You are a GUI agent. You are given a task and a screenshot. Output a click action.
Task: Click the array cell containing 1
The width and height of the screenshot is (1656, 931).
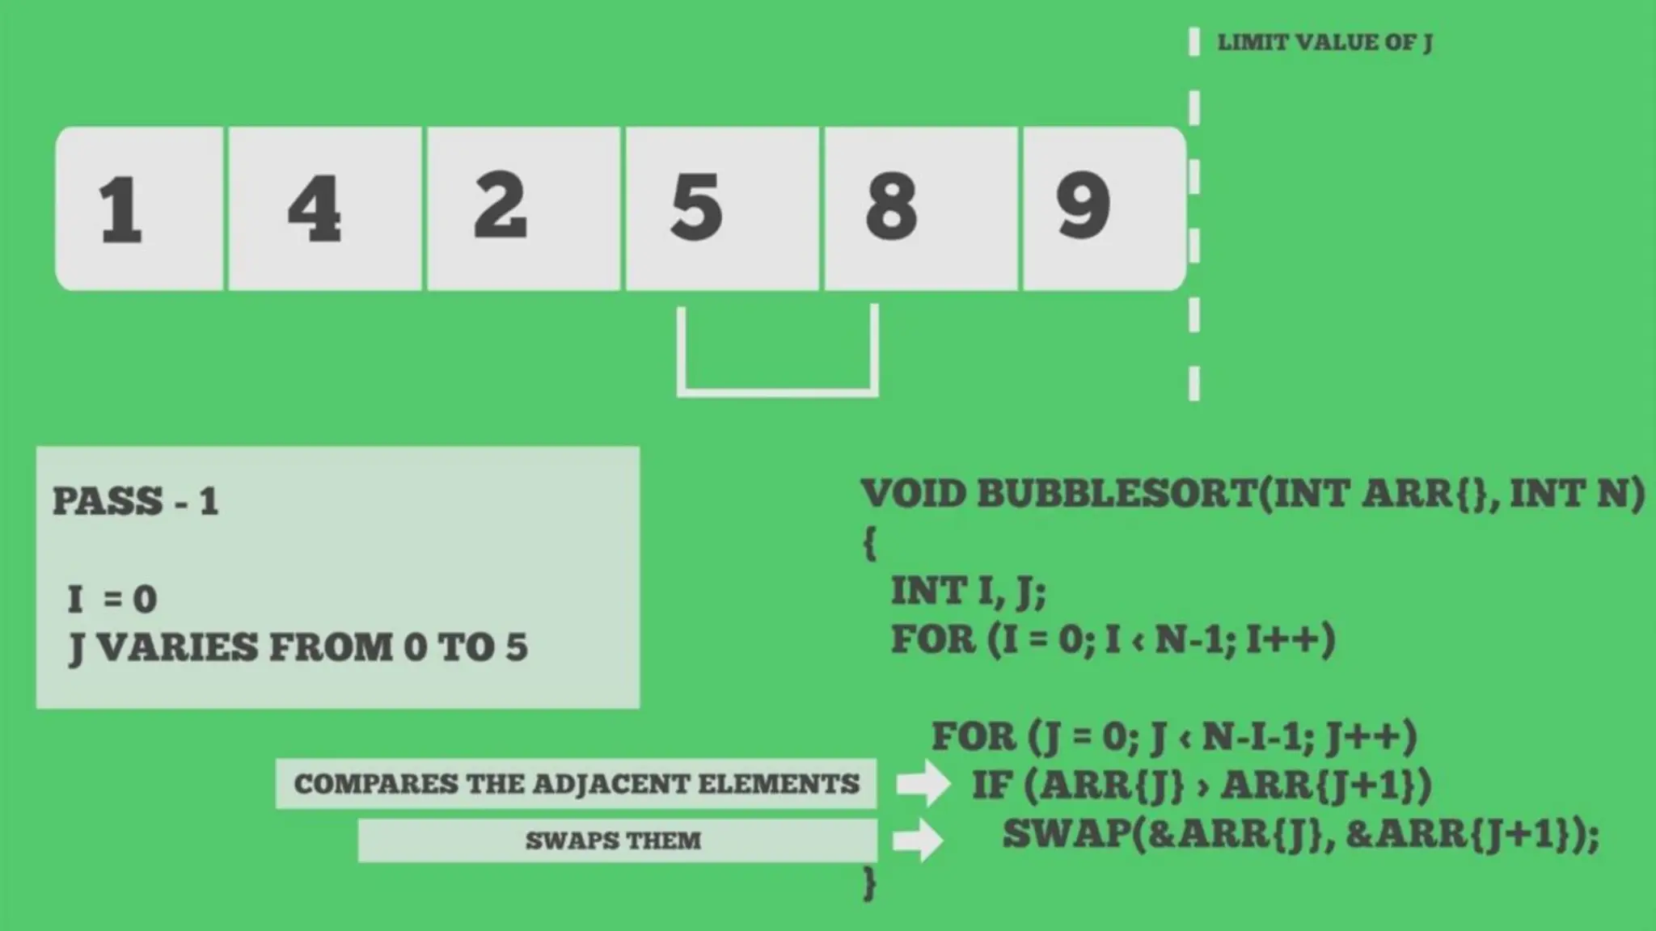(x=139, y=209)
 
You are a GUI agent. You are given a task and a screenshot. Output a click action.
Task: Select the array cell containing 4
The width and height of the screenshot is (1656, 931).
(x=325, y=209)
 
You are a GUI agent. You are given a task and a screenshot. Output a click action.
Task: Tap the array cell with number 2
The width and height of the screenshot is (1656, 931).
(x=523, y=209)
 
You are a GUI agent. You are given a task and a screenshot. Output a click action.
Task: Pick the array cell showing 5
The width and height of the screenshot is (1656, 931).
(x=721, y=209)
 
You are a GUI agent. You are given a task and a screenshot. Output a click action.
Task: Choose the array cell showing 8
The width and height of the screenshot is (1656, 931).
(x=920, y=209)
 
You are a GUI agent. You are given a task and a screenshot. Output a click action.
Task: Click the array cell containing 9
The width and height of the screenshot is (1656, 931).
(x=1103, y=209)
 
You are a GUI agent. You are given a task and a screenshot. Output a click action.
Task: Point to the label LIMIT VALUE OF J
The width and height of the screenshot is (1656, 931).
(x=1324, y=43)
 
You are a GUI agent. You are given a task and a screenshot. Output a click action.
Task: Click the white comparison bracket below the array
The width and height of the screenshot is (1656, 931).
(x=778, y=392)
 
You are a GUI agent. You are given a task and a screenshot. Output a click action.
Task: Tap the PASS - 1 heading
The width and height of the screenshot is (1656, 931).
(x=136, y=502)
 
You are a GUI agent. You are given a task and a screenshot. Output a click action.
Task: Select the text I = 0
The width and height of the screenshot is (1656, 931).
(x=112, y=600)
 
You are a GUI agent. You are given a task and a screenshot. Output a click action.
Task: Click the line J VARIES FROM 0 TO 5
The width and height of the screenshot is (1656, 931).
(x=298, y=648)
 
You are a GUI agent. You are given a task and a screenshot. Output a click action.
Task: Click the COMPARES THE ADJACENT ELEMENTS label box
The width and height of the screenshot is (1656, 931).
(x=576, y=784)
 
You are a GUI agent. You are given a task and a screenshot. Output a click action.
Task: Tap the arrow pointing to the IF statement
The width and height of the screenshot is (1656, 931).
(x=923, y=783)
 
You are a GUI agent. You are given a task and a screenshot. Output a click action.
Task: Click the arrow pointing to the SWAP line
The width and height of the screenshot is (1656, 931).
(x=919, y=840)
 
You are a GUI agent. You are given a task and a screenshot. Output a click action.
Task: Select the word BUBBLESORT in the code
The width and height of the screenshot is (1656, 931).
(x=1117, y=494)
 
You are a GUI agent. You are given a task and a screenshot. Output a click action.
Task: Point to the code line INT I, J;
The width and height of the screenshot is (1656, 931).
(x=968, y=592)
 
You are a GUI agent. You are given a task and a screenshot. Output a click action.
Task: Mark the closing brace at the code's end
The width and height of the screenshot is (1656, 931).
(x=870, y=883)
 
